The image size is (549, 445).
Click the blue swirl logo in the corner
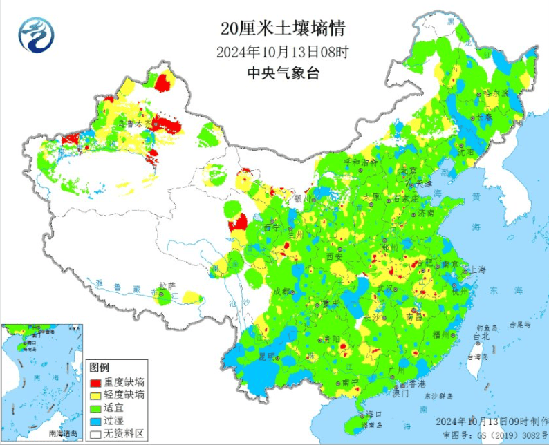pyautogui.click(x=35, y=35)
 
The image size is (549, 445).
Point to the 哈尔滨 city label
pyautogui.click(x=496, y=92)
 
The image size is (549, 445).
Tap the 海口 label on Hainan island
pyautogui.click(x=374, y=414)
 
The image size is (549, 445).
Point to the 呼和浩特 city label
pyautogui.click(x=360, y=161)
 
